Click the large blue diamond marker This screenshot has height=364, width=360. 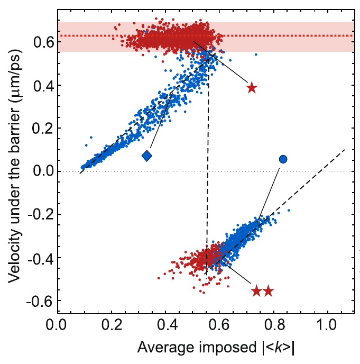[147, 156]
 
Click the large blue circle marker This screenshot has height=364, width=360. [283, 159]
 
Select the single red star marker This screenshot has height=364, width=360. [252, 87]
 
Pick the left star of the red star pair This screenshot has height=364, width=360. [256, 291]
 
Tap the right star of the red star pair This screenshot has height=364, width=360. [269, 291]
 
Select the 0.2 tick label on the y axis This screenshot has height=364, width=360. [41, 129]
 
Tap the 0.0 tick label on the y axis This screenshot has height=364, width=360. [41, 171]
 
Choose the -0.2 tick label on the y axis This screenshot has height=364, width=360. [39, 215]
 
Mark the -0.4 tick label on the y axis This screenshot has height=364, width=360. [39, 258]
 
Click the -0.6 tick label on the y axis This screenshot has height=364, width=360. [39, 301]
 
